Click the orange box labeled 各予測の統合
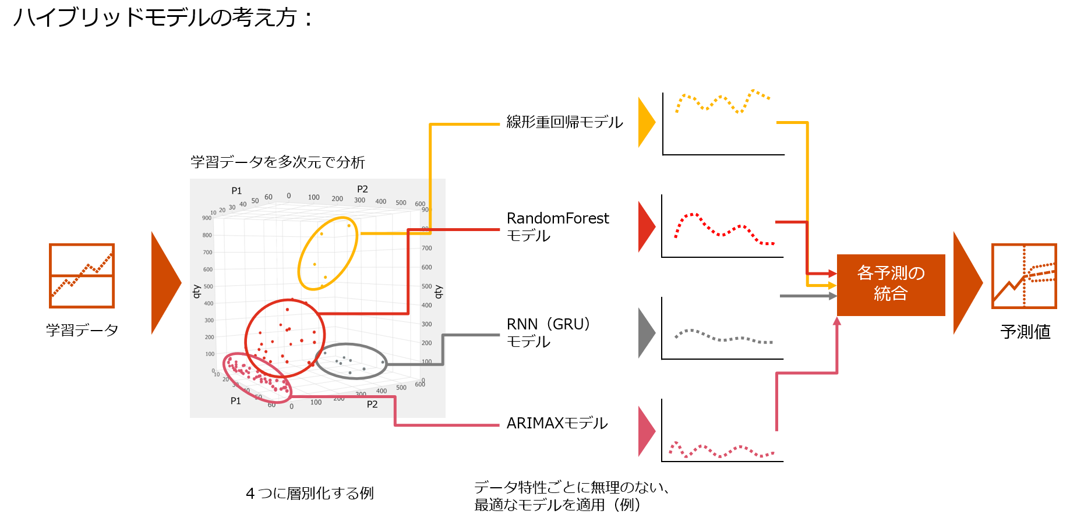coord(891,285)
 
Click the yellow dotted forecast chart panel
coord(723,122)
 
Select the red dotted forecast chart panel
coord(722,225)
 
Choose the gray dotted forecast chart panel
coord(722,327)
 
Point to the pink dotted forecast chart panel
coord(722,429)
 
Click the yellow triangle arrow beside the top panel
coord(645,122)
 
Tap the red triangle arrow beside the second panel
coord(645,226)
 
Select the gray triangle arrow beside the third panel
coord(645,333)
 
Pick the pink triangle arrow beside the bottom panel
coord(645,431)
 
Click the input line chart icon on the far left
coord(82,275)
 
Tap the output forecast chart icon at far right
coord(1023,276)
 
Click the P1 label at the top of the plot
coord(236,191)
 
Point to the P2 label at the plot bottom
coord(372,405)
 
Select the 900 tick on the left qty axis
coord(207,218)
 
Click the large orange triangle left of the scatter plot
coord(164,283)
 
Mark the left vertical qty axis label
coord(197,291)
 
